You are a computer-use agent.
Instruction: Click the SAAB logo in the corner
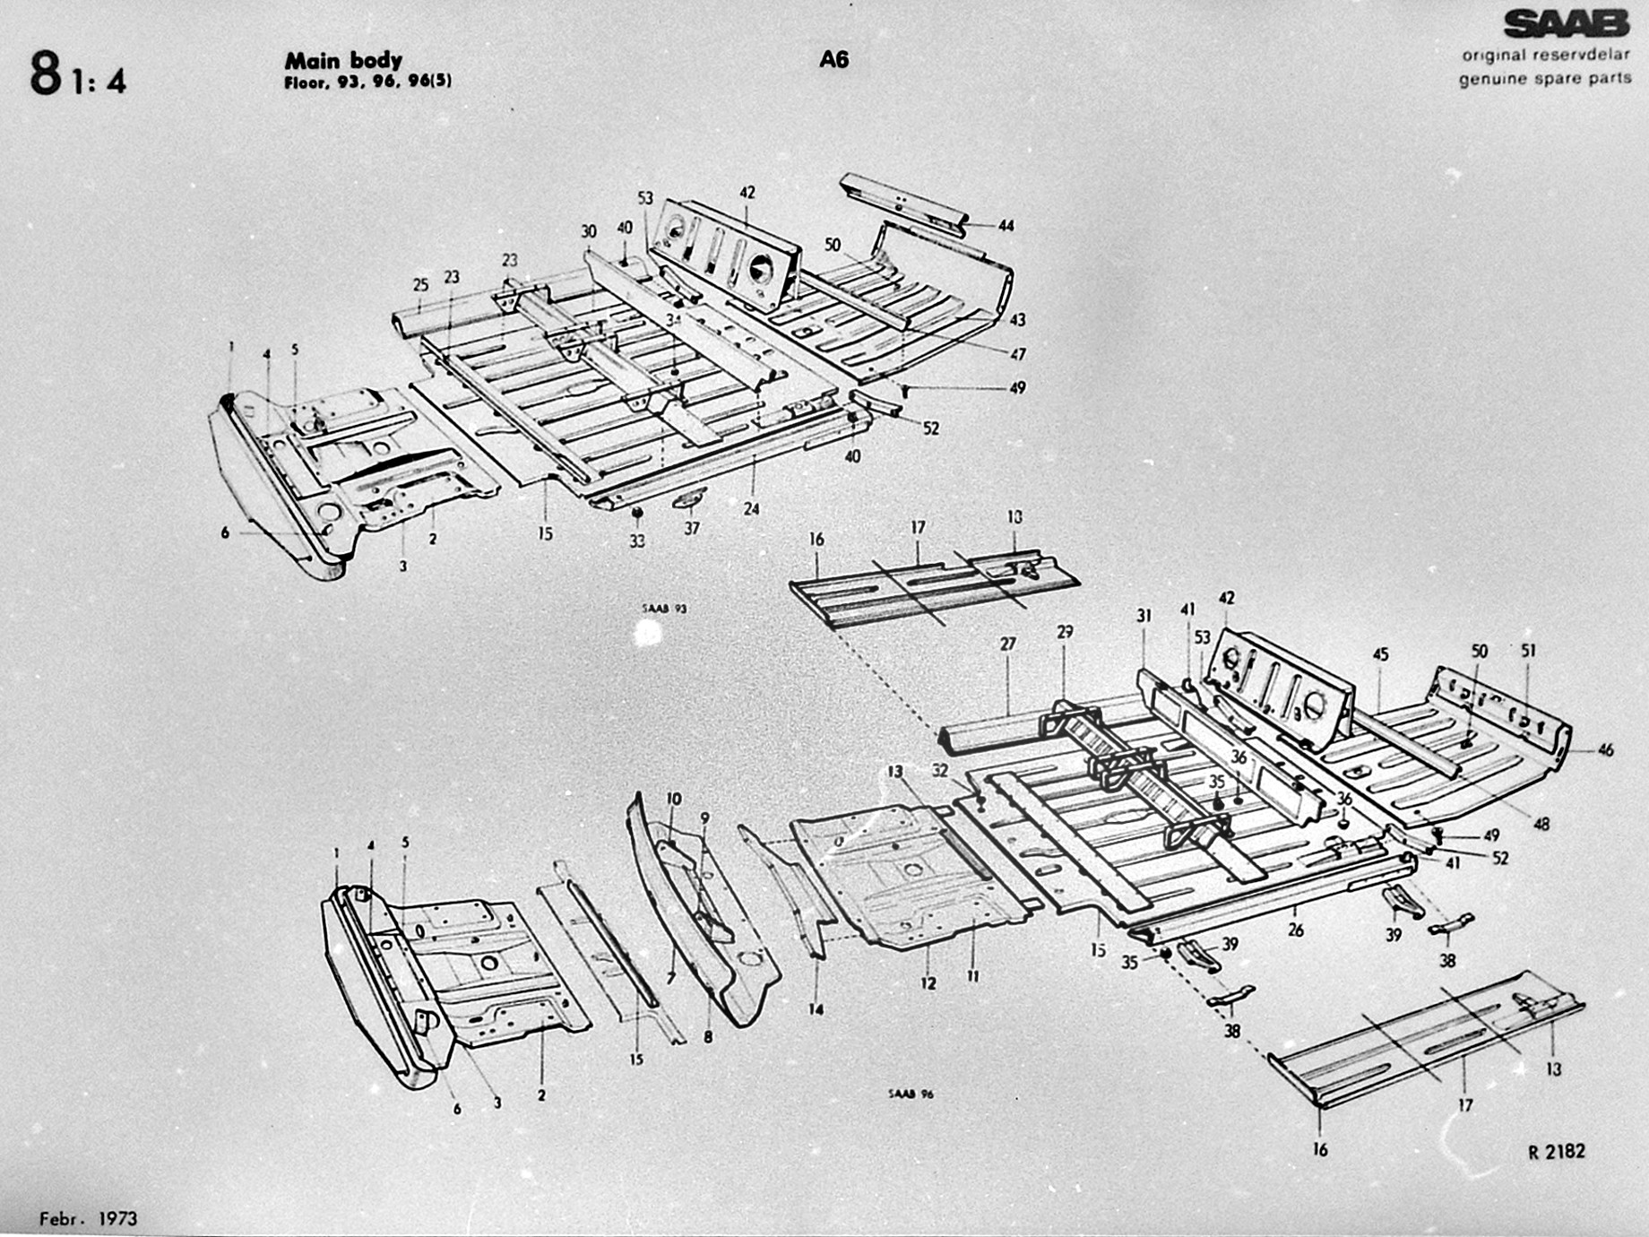(1566, 24)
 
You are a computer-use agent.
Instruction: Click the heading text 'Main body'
(343, 61)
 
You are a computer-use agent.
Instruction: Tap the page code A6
(833, 60)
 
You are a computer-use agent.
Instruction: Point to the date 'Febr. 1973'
(88, 1218)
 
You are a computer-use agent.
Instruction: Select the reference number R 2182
(1556, 1151)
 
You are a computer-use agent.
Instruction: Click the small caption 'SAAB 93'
(664, 609)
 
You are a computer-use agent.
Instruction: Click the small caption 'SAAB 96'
(911, 1094)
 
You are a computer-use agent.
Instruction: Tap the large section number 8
(45, 74)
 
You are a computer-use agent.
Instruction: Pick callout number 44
(1006, 226)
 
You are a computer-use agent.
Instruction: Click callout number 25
(420, 285)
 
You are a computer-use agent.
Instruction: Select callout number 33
(636, 541)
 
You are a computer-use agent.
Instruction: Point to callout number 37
(692, 529)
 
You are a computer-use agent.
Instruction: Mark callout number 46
(1604, 749)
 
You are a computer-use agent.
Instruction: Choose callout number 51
(1528, 651)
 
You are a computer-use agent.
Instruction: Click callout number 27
(1008, 644)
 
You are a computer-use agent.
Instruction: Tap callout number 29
(1065, 632)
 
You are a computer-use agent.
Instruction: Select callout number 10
(674, 799)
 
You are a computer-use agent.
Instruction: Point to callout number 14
(816, 1009)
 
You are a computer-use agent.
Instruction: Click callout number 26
(1295, 930)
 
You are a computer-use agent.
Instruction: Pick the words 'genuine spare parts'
(1545, 79)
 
